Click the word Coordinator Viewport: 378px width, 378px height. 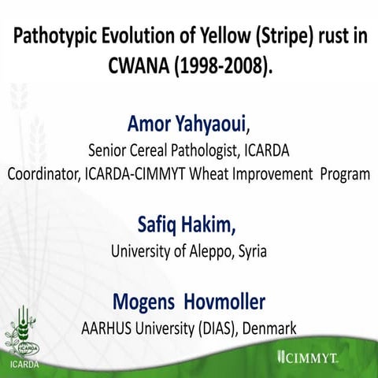tap(44, 174)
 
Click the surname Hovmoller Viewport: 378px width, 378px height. tap(221, 303)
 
